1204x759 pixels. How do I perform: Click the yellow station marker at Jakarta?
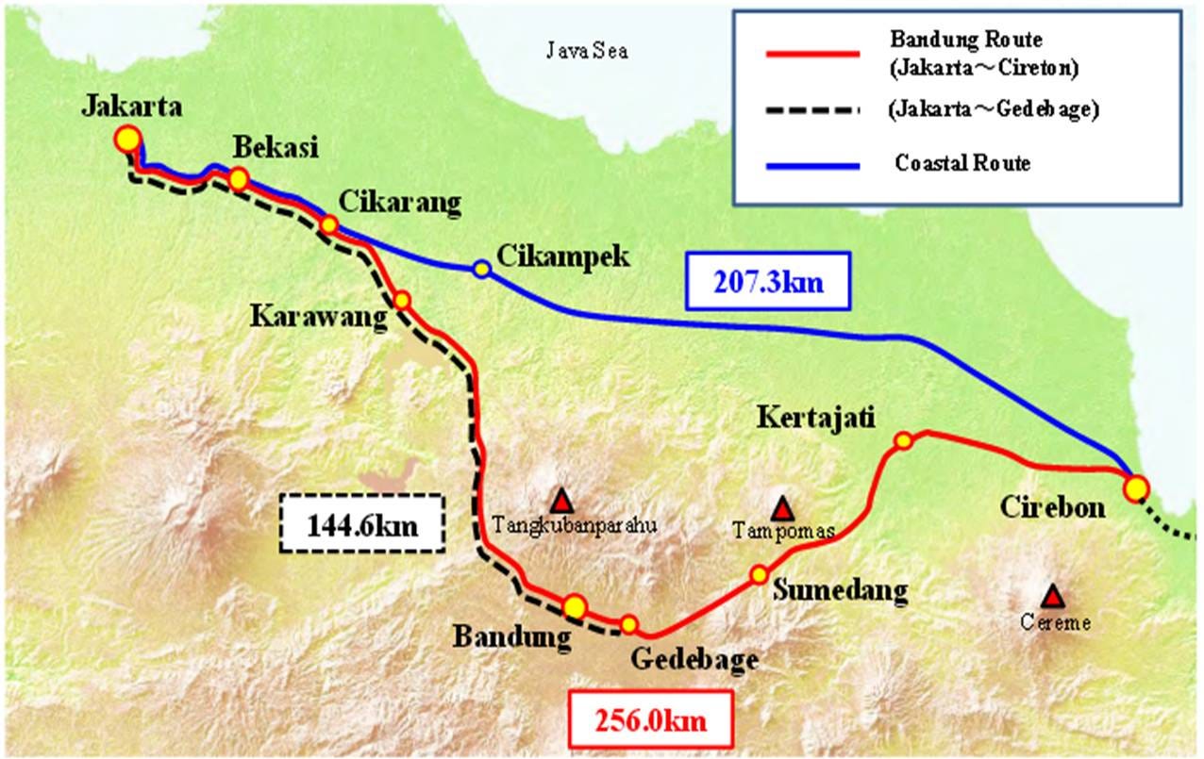[x=126, y=140]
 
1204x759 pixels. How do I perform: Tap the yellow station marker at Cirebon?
[x=1136, y=487]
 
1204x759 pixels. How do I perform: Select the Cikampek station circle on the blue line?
[x=482, y=270]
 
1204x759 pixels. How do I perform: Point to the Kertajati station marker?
[x=903, y=440]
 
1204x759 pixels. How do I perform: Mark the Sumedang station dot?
[x=759, y=574]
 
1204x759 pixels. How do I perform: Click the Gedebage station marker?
[x=628, y=623]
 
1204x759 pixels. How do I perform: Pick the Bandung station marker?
[x=575, y=606]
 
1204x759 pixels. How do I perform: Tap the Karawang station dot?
[x=402, y=300]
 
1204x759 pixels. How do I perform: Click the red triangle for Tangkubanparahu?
[x=562, y=500]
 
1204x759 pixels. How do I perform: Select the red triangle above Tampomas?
[x=781, y=509]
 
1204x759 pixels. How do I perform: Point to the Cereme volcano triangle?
[x=1052, y=596]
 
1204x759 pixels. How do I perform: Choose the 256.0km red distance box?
[x=650, y=721]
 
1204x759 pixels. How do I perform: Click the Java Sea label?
[x=587, y=51]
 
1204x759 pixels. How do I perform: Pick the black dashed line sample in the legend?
[x=812, y=110]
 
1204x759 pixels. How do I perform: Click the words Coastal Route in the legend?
[x=962, y=164]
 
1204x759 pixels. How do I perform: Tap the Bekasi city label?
[x=276, y=147]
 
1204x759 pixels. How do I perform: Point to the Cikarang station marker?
[x=329, y=224]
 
